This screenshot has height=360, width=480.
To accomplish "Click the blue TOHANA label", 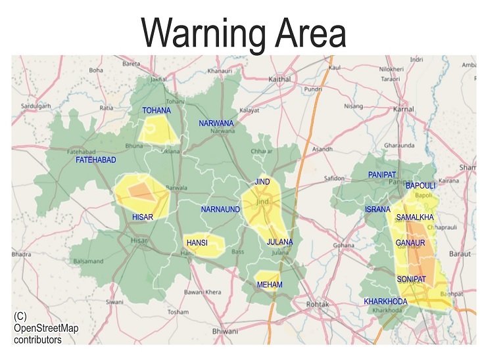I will tap(156, 111).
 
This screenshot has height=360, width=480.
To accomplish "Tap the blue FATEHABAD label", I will tap(96, 160).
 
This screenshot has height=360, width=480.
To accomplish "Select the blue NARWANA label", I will tap(216, 124).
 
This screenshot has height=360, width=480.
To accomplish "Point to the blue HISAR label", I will tap(143, 217).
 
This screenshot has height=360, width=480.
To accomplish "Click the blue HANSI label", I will tap(197, 243).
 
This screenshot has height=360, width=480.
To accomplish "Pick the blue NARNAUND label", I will tap(220, 210).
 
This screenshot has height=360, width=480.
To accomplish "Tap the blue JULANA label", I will tap(279, 242).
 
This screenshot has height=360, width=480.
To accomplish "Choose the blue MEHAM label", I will tap(270, 284).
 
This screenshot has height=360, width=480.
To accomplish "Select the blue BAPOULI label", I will tap(421, 187).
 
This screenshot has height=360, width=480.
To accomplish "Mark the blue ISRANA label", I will tap(377, 210).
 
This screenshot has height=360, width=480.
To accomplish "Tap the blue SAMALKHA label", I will tap(415, 217).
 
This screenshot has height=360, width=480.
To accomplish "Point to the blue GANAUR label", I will tap(411, 243).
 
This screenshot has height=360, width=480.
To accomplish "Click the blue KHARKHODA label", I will tap(385, 302).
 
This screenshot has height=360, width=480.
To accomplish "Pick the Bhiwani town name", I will tap(225, 332).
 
